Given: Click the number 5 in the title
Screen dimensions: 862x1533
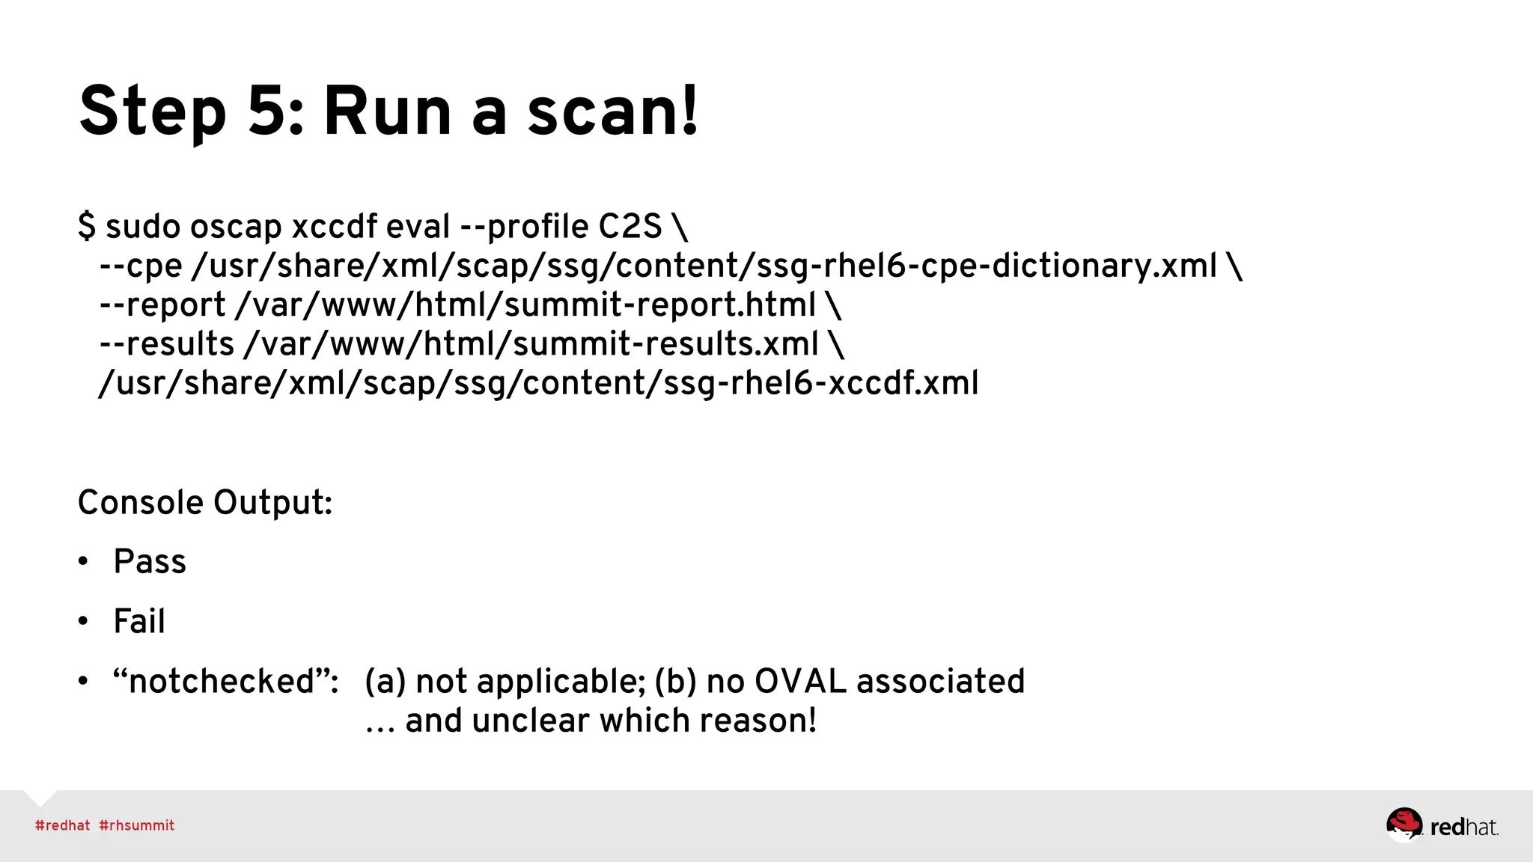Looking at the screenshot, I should tap(267, 111).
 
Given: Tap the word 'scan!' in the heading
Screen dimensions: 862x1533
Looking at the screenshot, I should tap(612, 111).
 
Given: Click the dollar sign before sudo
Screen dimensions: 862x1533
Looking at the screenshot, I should tap(87, 226).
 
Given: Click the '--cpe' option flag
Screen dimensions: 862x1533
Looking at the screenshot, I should tap(141, 266).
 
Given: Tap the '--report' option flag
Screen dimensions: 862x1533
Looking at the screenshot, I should tap(162, 305).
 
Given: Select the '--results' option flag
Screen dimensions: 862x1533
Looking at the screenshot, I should tap(167, 344).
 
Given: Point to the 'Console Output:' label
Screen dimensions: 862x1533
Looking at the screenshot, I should tap(205, 502).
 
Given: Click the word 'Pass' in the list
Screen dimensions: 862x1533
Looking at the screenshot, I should tap(150, 561).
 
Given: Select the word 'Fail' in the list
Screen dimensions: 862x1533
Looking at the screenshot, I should tap(139, 621).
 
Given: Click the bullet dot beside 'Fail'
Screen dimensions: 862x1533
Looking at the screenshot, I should tap(83, 621).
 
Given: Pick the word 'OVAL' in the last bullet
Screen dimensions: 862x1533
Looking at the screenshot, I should tap(800, 681).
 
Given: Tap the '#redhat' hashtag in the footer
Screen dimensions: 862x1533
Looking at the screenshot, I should tap(62, 825).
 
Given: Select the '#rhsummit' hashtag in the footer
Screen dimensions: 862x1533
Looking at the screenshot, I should tap(136, 825).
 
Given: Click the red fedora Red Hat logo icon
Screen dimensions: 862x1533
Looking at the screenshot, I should tap(1404, 825).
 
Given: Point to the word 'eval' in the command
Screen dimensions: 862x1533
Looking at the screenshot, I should tap(418, 226).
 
